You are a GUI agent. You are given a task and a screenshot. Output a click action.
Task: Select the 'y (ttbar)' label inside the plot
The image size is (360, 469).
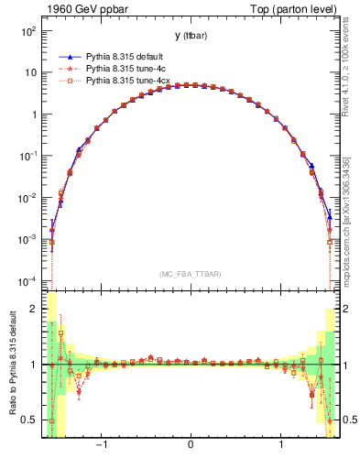tap(190, 37)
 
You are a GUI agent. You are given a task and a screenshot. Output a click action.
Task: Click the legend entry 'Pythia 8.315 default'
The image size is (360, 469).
tap(123, 56)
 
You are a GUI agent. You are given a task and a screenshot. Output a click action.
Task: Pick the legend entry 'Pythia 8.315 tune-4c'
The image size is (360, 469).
tap(123, 69)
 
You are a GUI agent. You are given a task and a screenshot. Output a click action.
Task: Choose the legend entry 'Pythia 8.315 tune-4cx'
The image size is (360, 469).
tap(125, 82)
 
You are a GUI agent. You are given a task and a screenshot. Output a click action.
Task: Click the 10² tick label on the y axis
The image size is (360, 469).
tap(29, 31)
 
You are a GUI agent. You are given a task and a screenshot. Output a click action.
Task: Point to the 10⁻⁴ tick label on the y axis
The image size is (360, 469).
tap(28, 280)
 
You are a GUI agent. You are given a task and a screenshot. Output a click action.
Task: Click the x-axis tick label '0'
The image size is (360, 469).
tap(191, 445)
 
